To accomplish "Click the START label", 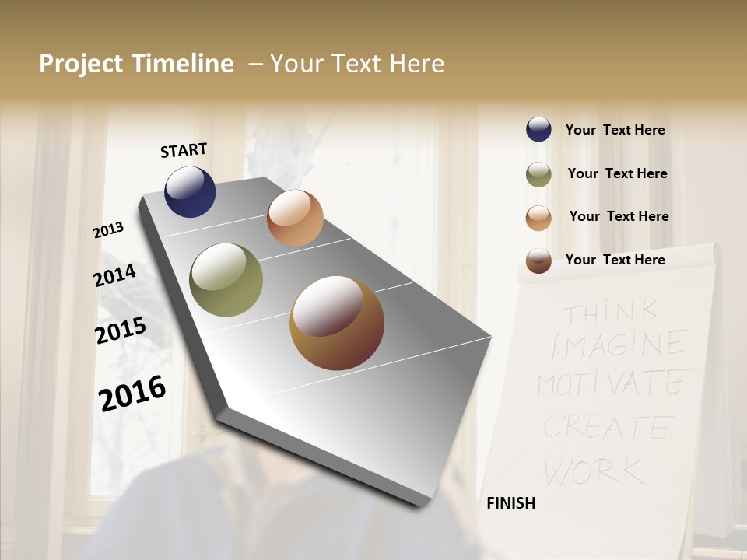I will click(184, 150).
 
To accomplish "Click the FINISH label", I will click(510, 503).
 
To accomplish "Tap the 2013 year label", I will click(108, 230).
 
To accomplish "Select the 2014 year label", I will click(114, 275).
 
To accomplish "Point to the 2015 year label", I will click(121, 331).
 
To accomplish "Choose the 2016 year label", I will click(132, 393).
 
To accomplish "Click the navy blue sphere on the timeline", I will click(190, 191).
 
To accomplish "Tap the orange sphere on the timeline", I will click(295, 218).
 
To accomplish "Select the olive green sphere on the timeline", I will click(226, 280).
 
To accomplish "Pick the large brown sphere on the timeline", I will click(337, 323).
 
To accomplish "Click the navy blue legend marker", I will click(538, 130).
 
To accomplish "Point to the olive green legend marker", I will click(538, 174).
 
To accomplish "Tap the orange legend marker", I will click(538, 218).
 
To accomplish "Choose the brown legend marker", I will click(538, 261).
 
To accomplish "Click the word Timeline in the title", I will click(183, 64).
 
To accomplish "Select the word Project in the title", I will click(81, 64).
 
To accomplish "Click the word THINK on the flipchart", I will click(610, 312).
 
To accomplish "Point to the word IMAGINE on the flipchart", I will click(618, 345).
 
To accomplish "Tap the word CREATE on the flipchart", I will click(607, 426).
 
